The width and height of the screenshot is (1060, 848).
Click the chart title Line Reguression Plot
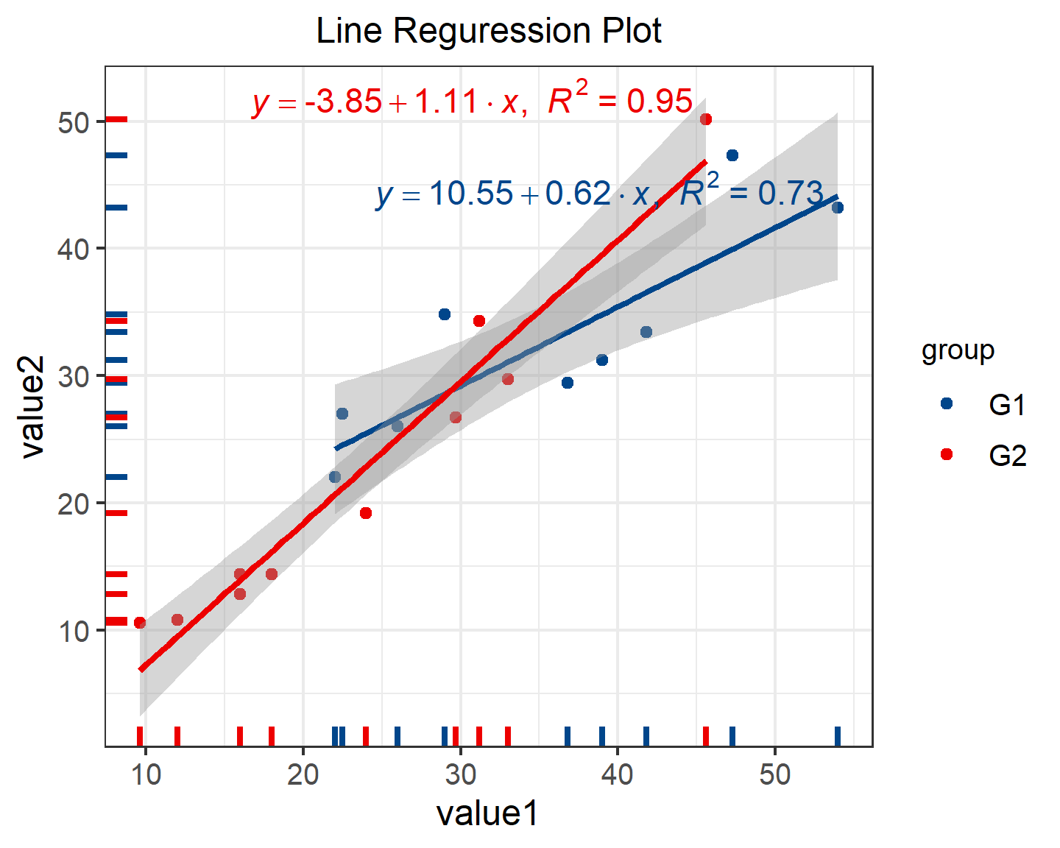488,32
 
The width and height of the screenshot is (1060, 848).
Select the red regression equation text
472,101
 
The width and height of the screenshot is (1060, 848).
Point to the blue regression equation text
598,194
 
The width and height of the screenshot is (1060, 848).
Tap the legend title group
958,350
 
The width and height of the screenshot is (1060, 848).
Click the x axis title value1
487,813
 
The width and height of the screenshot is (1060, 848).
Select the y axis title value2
33,406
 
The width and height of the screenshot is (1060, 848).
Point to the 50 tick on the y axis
74,122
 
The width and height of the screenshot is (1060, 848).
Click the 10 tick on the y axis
74,632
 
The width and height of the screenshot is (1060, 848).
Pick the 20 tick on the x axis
303,774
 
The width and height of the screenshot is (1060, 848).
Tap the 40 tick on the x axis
617,774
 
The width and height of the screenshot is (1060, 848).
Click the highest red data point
706,119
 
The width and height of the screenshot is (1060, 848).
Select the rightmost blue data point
837,208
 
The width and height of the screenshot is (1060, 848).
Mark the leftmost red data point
140,623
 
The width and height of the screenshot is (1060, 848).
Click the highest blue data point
732,155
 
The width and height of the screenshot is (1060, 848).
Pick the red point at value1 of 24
366,513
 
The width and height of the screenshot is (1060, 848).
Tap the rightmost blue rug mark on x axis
837,736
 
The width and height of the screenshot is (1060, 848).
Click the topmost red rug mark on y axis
116,119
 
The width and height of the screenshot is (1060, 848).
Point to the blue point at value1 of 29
444,314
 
